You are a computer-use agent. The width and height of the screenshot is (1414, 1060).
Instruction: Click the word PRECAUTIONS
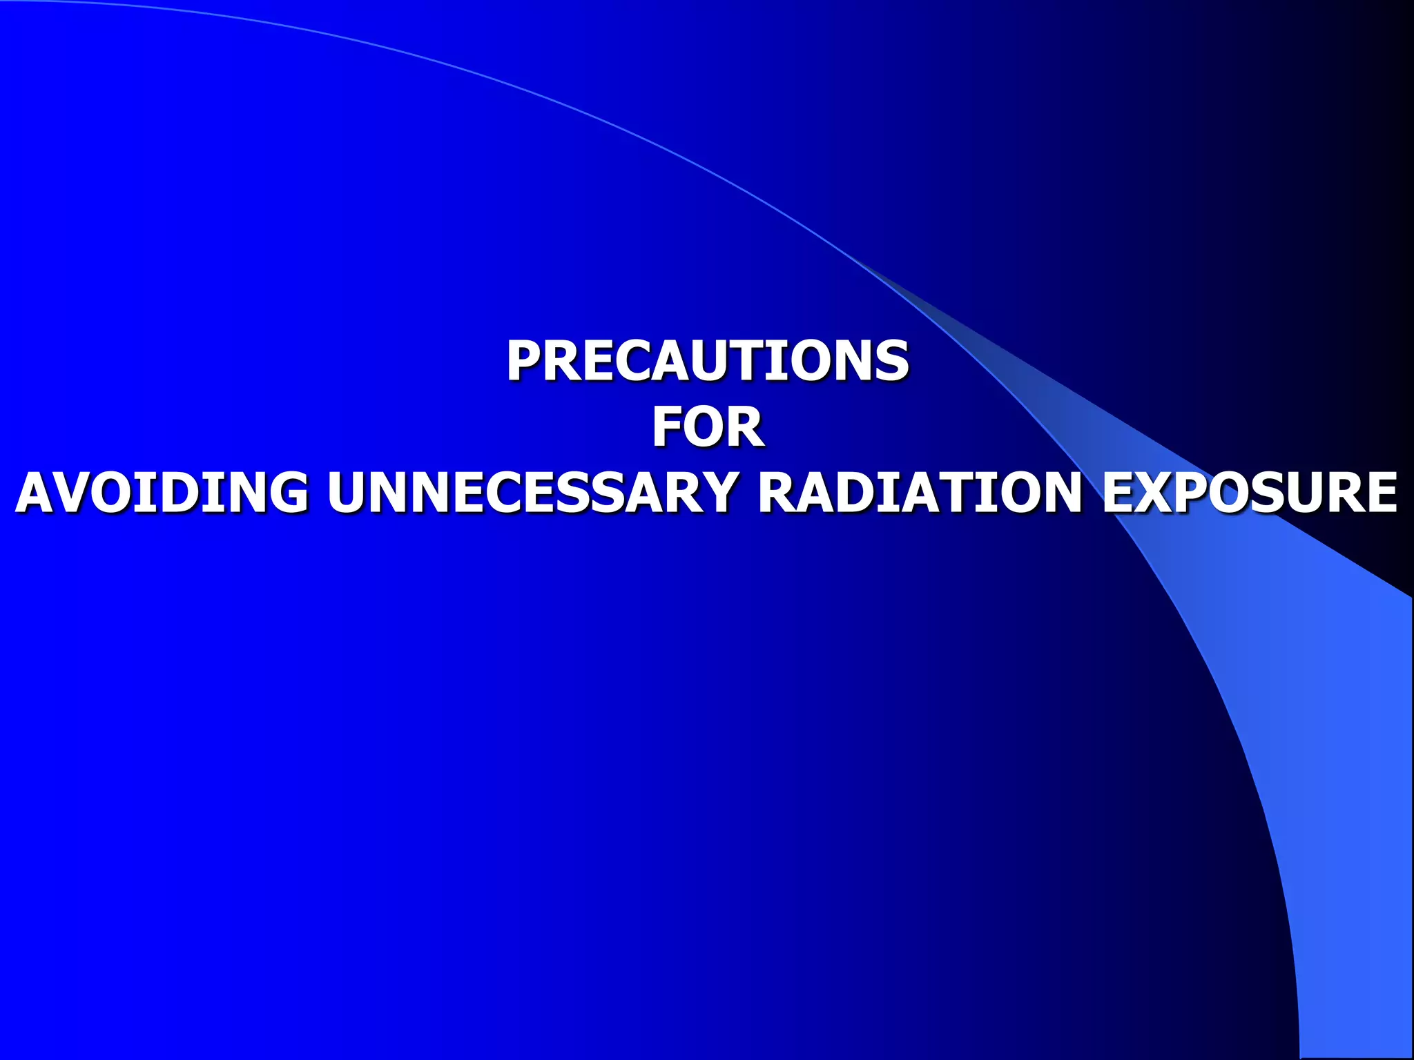[x=707, y=361]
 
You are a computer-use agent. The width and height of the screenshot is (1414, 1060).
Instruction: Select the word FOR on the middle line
[x=707, y=427]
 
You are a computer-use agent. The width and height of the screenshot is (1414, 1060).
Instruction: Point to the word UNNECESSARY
[x=532, y=493]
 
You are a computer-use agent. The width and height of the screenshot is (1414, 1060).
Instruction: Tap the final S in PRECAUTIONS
[x=891, y=361]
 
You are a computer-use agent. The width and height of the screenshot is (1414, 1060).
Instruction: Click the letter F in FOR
[x=667, y=427]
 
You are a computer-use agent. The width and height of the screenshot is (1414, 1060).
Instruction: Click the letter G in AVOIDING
[x=287, y=493]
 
